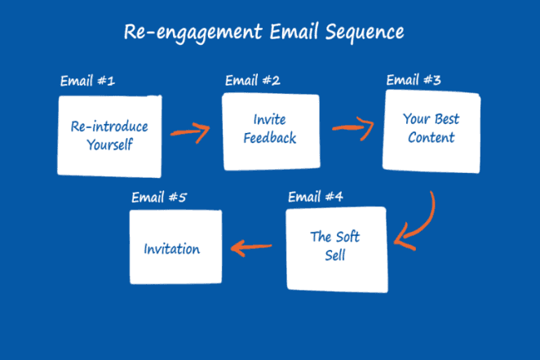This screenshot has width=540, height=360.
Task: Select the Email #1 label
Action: pyautogui.click(x=87, y=82)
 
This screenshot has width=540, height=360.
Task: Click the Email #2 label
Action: pyautogui.click(x=252, y=80)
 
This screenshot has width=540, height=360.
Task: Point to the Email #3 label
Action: pyautogui.click(x=414, y=80)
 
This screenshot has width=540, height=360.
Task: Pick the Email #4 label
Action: pyautogui.click(x=316, y=197)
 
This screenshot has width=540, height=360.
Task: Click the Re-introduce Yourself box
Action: pyautogui.click(x=109, y=136)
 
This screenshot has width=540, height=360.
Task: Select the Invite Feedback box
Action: pyautogui.click(x=270, y=131)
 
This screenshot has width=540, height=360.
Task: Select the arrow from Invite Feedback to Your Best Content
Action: pyautogui.click(x=352, y=127)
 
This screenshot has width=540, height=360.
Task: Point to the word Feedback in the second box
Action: pyautogui.click(x=270, y=138)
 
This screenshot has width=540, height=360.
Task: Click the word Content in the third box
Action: pyautogui.click(x=431, y=137)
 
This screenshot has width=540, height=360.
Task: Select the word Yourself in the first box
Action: pyautogui.click(x=109, y=145)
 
